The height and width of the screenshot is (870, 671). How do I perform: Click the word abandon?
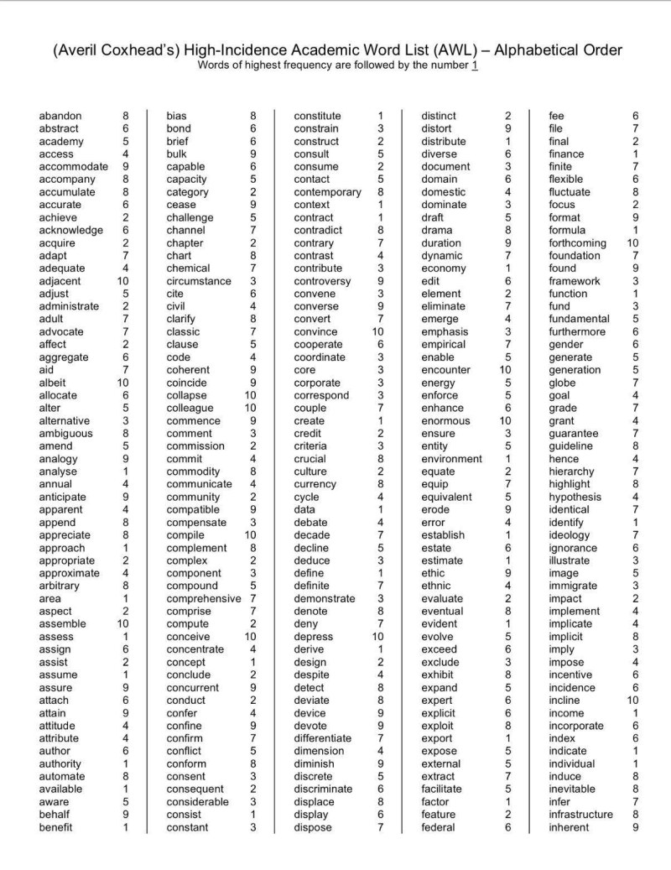pyautogui.click(x=60, y=116)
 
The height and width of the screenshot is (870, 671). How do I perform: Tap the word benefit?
pyautogui.click(x=55, y=828)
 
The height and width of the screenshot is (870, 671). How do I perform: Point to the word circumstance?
pyautogui.click(x=199, y=281)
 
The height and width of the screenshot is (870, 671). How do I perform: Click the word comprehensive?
pyautogui.click(x=203, y=599)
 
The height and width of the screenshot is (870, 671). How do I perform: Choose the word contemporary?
pyautogui.click(x=327, y=192)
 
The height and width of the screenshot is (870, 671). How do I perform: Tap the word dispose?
pyautogui.click(x=313, y=828)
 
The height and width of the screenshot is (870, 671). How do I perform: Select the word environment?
pyautogui.click(x=451, y=459)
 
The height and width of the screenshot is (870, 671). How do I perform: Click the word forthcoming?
pyautogui.click(x=577, y=243)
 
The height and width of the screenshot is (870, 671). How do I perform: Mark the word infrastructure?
pyautogui.click(x=580, y=815)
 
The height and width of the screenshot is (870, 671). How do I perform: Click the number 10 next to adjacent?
pyautogui.click(x=123, y=281)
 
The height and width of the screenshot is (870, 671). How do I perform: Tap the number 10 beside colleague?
pyautogui.click(x=250, y=408)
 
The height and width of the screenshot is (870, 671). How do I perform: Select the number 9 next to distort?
pyautogui.click(x=507, y=128)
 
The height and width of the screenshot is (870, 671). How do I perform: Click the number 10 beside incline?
pyautogui.click(x=632, y=701)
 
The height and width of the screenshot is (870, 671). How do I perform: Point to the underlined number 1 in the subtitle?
pyautogui.click(x=475, y=65)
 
